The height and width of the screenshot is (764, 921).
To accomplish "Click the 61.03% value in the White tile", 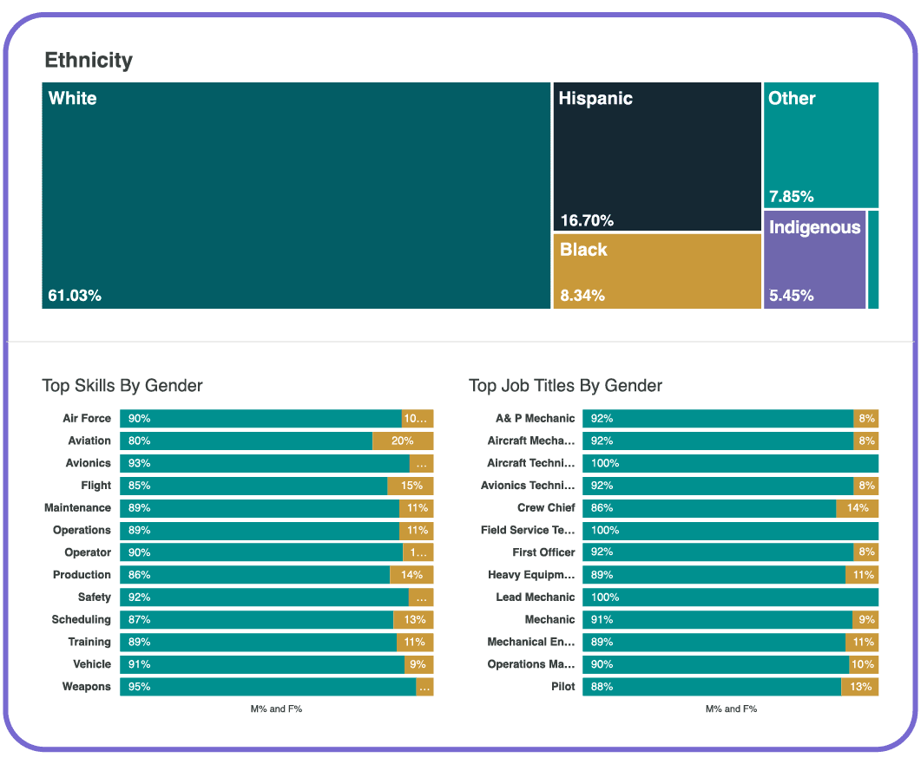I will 75,296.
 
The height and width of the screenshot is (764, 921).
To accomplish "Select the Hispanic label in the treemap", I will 595,99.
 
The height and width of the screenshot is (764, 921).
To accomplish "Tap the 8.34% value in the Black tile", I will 582,296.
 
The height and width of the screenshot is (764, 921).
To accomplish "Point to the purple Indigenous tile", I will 814,260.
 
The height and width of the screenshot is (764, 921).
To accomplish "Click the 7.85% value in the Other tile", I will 791,197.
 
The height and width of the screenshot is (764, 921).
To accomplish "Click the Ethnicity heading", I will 89,60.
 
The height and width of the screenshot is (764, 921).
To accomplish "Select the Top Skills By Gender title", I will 122,386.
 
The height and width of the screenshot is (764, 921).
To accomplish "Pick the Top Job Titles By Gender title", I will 565,386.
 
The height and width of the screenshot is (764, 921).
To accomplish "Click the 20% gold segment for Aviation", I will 403,441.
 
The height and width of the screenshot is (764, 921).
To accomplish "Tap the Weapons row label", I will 87,687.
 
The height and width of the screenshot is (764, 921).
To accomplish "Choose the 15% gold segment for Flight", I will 411,486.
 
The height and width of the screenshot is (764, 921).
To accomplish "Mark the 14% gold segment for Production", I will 411,575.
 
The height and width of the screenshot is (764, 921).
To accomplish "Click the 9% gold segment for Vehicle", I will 418,664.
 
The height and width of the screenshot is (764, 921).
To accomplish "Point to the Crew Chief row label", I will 546,508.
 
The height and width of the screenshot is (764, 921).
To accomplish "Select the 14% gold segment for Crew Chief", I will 858,508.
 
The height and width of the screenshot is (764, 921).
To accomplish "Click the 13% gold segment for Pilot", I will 860,687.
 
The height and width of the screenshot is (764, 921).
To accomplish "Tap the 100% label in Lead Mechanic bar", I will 605,597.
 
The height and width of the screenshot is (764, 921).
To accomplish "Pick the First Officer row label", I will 543,552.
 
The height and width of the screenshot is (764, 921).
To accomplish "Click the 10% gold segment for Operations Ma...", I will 864,664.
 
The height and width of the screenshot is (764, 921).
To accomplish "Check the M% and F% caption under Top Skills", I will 275,709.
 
